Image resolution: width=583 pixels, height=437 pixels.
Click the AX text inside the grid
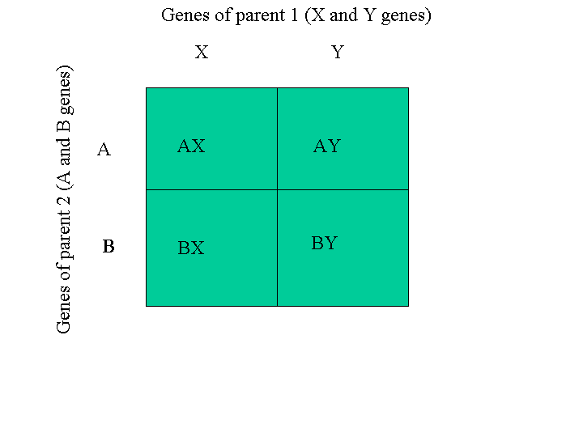191,146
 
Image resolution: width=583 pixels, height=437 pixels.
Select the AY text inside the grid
327,146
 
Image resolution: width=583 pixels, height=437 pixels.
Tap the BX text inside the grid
191,248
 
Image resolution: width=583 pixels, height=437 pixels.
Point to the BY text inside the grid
325,243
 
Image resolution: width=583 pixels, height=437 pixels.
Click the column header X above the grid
202,52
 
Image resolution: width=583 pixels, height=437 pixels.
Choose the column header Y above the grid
338,52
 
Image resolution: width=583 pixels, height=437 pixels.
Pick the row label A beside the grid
104,150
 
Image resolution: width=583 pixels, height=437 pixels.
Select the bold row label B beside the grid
109,246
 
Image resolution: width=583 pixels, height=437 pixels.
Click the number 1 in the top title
295,15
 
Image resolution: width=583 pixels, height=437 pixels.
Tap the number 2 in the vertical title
64,200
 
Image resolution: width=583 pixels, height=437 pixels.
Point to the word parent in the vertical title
64,234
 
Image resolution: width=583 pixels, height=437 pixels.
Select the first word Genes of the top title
185,15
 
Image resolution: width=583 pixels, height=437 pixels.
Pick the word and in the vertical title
64,151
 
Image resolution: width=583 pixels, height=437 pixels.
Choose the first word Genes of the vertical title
64,309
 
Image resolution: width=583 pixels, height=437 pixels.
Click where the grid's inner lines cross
278,190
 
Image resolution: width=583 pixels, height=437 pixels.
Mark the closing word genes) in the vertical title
65,91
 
